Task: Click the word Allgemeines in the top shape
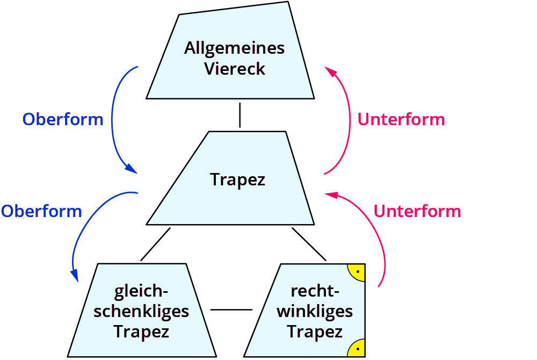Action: click(x=234, y=48)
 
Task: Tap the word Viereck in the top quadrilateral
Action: click(x=234, y=69)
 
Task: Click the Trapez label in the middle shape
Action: click(x=237, y=179)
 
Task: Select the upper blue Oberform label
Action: click(x=63, y=119)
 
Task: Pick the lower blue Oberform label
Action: click(x=41, y=211)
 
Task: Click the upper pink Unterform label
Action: click(x=401, y=119)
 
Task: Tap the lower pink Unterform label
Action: click(x=417, y=211)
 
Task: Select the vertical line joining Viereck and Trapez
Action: click(x=240, y=116)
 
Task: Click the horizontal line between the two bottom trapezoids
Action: click(x=231, y=310)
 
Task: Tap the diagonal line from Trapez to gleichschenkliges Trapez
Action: click(x=155, y=244)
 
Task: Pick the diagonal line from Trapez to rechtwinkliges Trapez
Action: click(x=309, y=244)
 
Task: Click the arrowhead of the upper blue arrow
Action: click(x=130, y=168)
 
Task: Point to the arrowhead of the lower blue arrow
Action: click(x=75, y=275)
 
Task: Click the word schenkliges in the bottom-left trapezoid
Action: click(x=141, y=311)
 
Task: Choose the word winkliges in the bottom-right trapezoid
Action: click(x=315, y=311)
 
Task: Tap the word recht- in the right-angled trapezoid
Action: click(x=315, y=291)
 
